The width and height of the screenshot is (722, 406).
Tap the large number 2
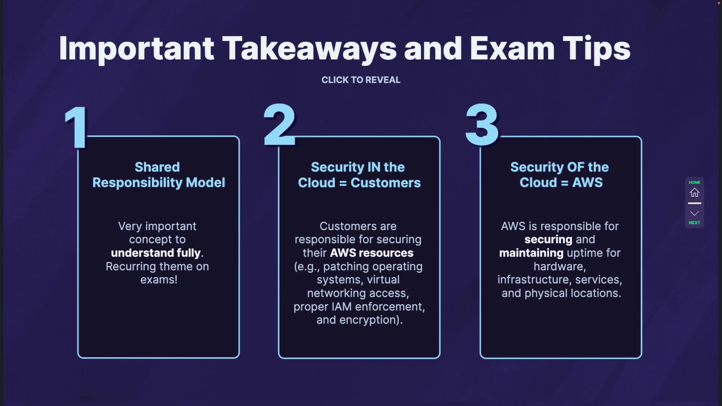[280, 125]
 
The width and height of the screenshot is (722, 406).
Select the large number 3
[482, 125]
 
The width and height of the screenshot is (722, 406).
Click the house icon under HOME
[694, 192]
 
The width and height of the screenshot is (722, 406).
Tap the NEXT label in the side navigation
[694, 223]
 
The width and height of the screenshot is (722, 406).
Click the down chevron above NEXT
[694, 213]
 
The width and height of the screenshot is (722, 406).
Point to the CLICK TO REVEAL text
[361, 80]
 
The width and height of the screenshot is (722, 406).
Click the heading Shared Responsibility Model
[158, 175]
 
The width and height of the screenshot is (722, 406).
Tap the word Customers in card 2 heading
[385, 183]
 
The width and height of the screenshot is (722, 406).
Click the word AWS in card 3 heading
[587, 183]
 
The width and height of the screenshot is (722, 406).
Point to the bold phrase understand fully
[156, 253]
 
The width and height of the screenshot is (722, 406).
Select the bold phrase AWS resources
[372, 253]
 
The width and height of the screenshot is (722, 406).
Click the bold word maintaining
[531, 253]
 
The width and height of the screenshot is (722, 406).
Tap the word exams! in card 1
[159, 280]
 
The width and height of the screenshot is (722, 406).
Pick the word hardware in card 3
[559, 267]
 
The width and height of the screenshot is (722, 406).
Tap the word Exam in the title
[512, 49]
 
